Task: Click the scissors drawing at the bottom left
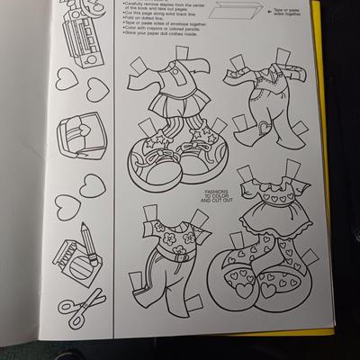click(x=82, y=300)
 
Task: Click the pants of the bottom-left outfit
click(x=165, y=276)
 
